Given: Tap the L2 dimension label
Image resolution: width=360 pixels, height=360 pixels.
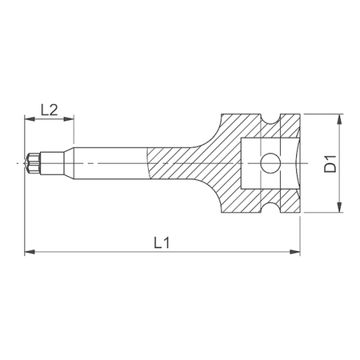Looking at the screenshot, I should point(48,110).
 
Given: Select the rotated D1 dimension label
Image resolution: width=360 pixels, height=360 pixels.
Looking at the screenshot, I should point(329,164).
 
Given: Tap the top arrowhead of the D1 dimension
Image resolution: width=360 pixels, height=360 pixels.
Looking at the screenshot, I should point(342,119).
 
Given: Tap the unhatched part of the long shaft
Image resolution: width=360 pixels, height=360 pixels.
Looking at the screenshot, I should point(104,164).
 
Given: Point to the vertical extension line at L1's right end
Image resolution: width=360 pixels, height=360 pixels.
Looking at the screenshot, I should point(301,236).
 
